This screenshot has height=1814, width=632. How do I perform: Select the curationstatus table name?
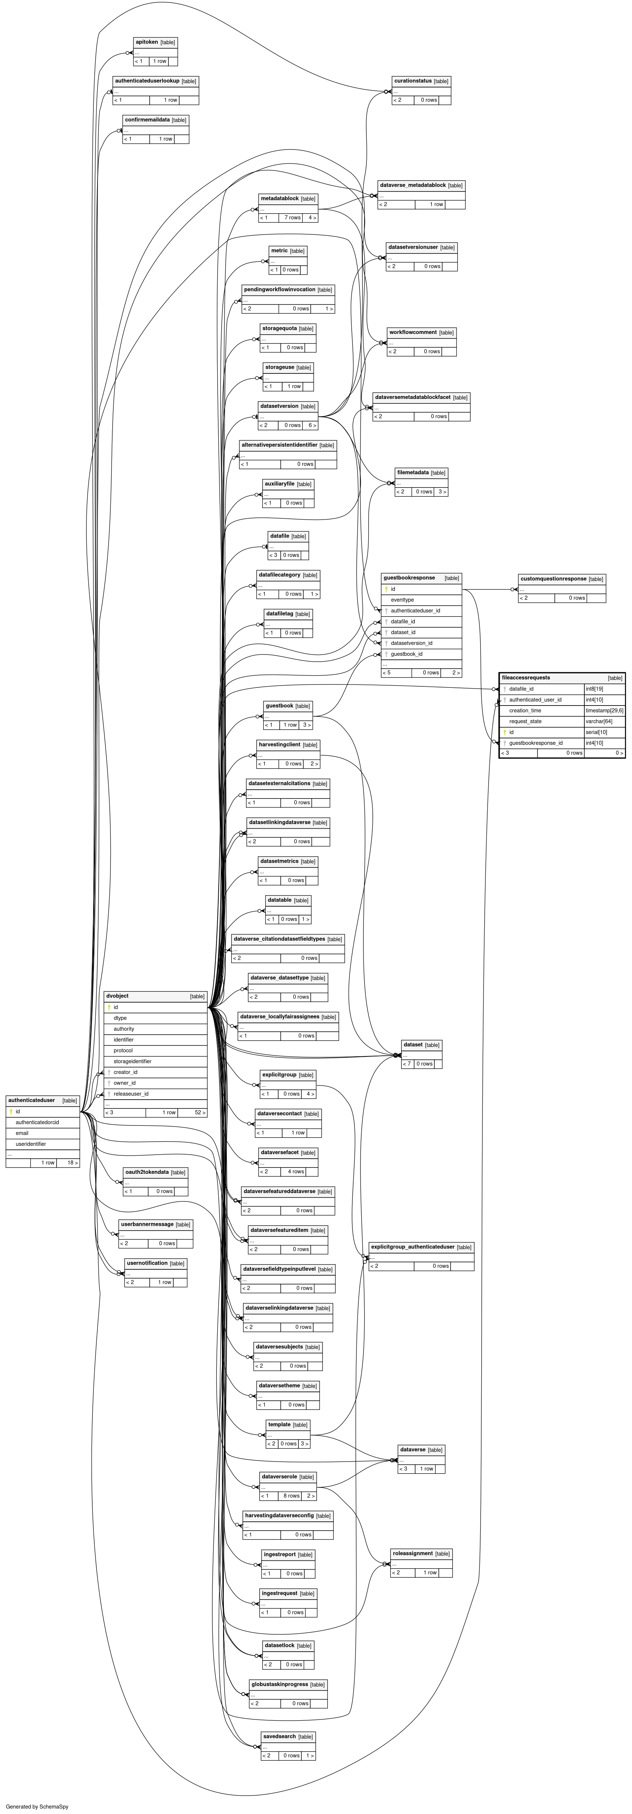coord(413,81)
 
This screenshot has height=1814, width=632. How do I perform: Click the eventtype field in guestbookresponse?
coord(402,600)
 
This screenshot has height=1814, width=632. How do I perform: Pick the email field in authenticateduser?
coord(22,1133)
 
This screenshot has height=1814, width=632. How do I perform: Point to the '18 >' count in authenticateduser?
coord(72,1163)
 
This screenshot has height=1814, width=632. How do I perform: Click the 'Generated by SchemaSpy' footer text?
coord(37,1806)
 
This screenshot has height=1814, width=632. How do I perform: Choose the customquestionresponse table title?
coord(553,579)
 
